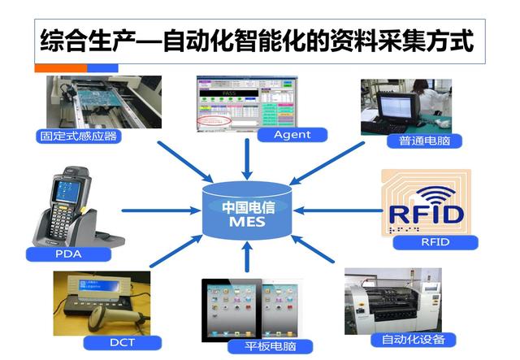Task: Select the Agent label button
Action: pos(292,134)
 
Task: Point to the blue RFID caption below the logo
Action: pos(435,241)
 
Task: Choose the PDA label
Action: pos(67,254)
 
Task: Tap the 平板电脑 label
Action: pos(258,347)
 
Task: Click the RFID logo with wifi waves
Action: pos(427,203)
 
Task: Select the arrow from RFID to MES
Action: pos(337,210)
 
